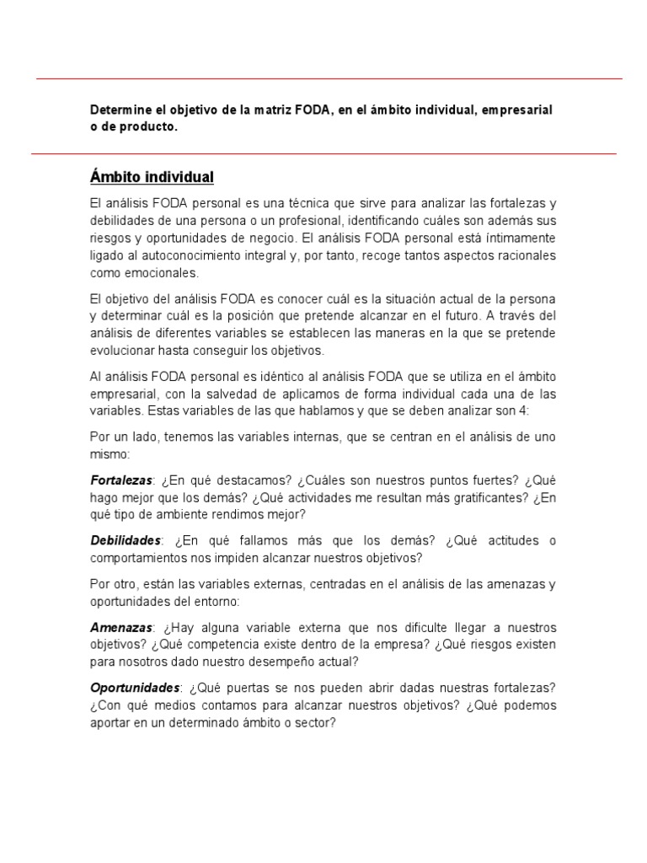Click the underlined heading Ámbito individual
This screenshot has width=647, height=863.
(x=152, y=177)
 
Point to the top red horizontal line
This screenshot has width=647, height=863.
(x=329, y=78)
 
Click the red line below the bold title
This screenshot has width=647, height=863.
(x=323, y=154)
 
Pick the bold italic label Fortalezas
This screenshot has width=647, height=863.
(x=121, y=480)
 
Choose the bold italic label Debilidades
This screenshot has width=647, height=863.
(x=125, y=540)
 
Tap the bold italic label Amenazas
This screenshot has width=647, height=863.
(x=121, y=628)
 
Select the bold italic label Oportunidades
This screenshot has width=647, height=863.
(x=134, y=688)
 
